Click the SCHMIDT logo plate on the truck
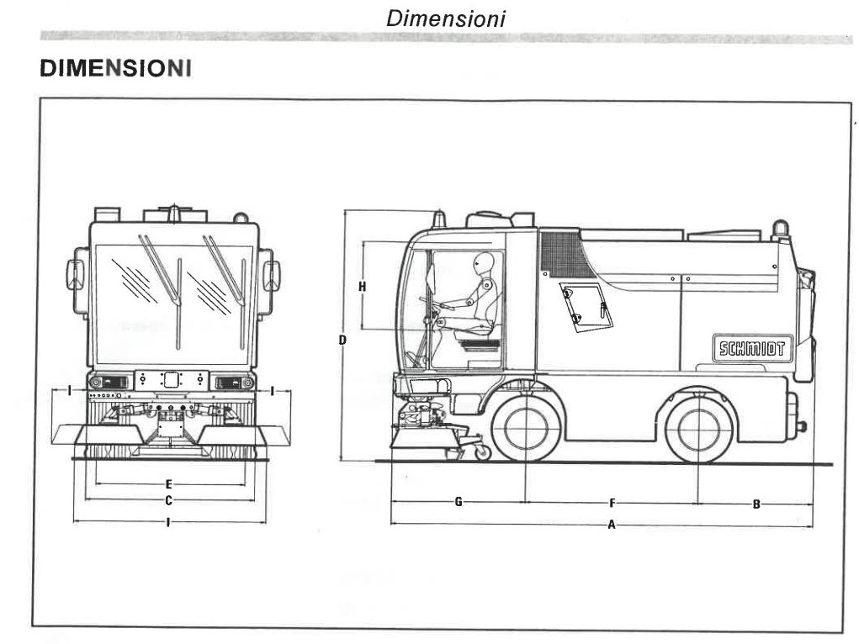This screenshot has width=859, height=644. pyautogui.click(x=753, y=348)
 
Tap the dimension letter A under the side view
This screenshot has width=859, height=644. pyautogui.click(x=612, y=525)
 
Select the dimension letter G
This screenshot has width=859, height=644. pyautogui.click(x=459, y=501)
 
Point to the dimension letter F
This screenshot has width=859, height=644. pyautogui.click(x=612, y=503)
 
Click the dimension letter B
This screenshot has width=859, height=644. pyautogui.click(x=756, y=504)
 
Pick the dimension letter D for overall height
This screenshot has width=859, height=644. pyautogui.click(x=342, y=340)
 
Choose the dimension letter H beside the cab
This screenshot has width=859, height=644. pyautogui.click(x=362, y=286)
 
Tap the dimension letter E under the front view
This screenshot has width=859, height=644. pyautogui.click(x=169, y=484)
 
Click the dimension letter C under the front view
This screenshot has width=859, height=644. pyautogui.click(x=169, y=500)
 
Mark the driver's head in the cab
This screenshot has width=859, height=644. pyautogui.click(x=483, y=264)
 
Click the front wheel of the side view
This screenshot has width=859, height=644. pyautogui.click(x=525, y=429)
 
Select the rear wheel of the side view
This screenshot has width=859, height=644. pyautogui.click(x=698, y=430)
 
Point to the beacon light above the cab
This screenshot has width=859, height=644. pyautogui.click(x=438, y=219)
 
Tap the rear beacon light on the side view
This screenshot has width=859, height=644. pyautogui.click(x=781, y=230)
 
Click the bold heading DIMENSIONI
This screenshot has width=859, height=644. pyautogui.click(x=115, y=68)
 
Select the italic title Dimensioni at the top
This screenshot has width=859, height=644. pyautogui.click(x=445, y=18)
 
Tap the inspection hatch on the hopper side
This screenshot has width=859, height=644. pyautogui.click(x=586, y=307)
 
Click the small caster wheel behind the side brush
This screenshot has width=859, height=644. pyautogui.click(x=483, y=451)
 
